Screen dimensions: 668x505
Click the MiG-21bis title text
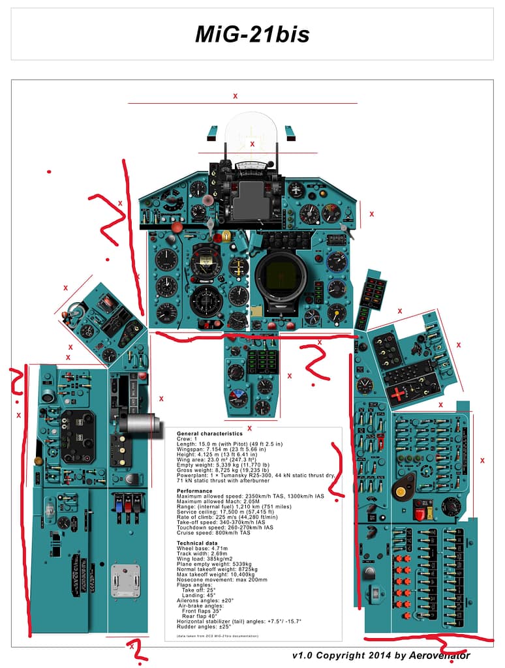[252, 35]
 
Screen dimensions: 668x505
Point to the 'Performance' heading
[194, 491]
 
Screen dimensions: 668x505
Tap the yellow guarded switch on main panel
[226, 234]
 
